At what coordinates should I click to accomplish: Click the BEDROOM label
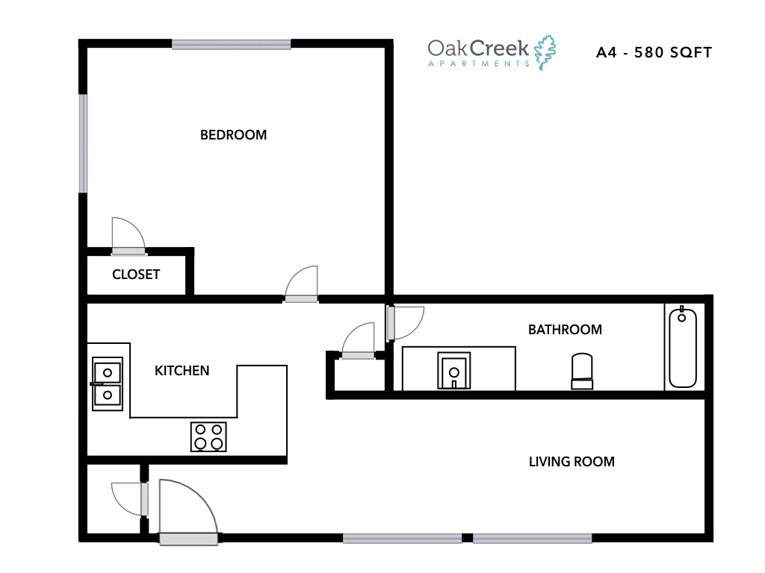pyautogui.click(x=233, y=135)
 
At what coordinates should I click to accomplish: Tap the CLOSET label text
pyautogui.click(x=136, y=275)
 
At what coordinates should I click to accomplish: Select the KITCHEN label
pyautogui.click(x=182, y=371)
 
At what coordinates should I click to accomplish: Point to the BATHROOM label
pyautogui.click(x=565, y=330)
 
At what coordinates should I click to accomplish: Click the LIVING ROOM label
pyautogui.click(x=572, y=462)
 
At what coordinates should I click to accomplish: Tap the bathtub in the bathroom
pyautogui.click(x=683, y=347)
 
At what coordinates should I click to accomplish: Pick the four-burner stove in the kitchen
pyautogui.click(x=208, y=436)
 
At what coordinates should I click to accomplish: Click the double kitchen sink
pyautogui.click(x=107, y=383)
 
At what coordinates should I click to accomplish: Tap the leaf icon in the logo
pyautogui.click(x=545, y=51)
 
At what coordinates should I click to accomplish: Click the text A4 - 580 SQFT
pyautogui.click(x=654, y=53)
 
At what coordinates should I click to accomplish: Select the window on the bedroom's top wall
pyautogui.click(x=232, y=44)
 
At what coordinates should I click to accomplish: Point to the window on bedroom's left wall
pyautogui.click(x=84, y=143)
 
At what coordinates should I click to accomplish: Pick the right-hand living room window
pyautogui.click(x=533, y=538)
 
